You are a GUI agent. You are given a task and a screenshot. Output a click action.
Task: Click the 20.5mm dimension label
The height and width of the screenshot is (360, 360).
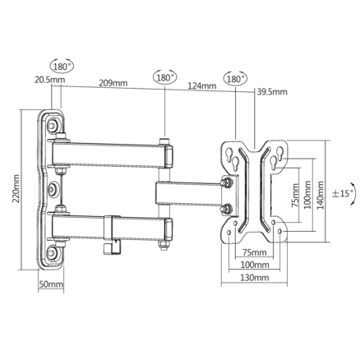coord(50,80)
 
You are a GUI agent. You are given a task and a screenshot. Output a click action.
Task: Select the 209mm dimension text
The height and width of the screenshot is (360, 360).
coord(113,83)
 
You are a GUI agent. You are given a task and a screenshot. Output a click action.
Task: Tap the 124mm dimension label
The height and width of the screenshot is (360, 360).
coord(202,85)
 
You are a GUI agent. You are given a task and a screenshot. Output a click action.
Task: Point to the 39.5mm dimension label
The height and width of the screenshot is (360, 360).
coord(272,92)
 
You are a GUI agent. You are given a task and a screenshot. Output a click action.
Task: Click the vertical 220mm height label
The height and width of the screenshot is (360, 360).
coord(16,189)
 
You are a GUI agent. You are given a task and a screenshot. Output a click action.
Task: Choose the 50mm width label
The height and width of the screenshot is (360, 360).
coord(51,284)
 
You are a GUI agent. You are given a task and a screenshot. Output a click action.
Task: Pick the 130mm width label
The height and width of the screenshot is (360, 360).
coord(255,278)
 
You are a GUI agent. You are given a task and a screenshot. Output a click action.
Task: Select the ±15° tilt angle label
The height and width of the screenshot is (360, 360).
coord(344,193)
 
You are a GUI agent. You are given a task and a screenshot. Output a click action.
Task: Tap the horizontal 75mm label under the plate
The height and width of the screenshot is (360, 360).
coord(255,252)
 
